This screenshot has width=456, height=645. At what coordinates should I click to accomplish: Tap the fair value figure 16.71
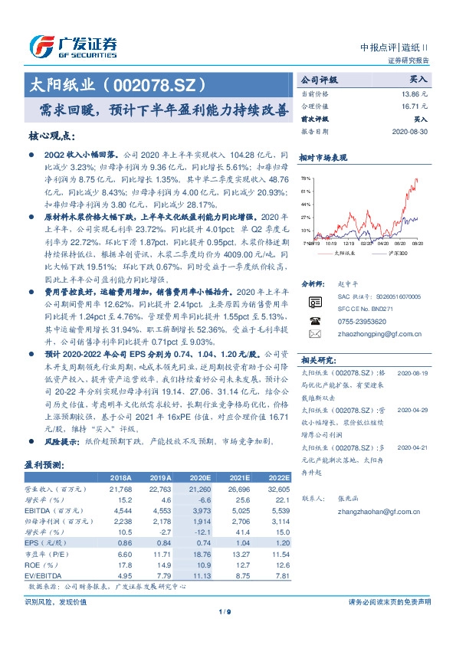coord(413,106)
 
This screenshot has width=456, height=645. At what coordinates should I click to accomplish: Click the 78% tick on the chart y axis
coord(306,178)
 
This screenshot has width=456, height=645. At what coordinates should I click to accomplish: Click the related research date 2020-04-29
coord(415,410)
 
